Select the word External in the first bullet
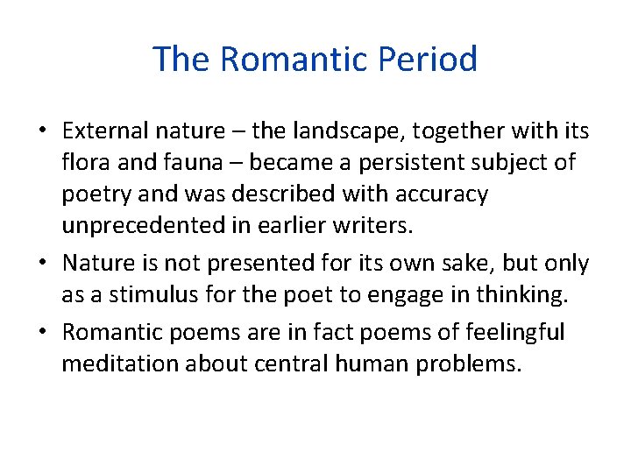pyautogui.click(x=101, y=131)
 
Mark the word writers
pyautogui.click(x=380, y=224)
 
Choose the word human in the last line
pyautogui.click(x=375, y=364)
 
